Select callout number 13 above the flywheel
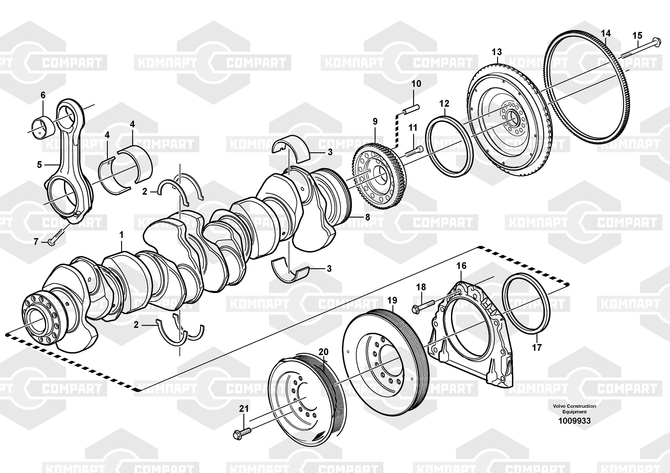497,52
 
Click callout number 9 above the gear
375,122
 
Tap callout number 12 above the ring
444,103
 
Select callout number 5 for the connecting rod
39,165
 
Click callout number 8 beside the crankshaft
367,217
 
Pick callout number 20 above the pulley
323,352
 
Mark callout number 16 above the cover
461,266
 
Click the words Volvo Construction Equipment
574,409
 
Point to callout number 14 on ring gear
606,34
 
